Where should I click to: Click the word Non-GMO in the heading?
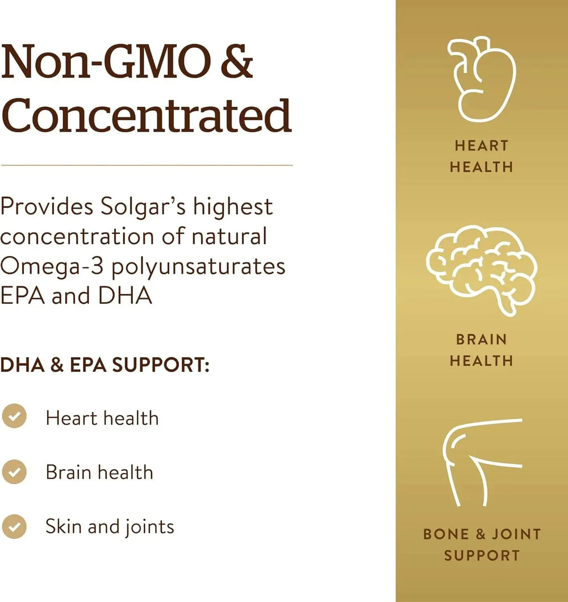(106, 61)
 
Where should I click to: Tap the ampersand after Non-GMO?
(237, 61)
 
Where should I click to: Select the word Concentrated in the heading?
(146, 115)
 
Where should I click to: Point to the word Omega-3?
(52, 267)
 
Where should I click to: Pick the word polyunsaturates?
(198, 267)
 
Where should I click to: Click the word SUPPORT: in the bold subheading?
(161, 365)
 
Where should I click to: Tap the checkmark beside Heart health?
(14, 416)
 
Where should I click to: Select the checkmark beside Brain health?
(14, 471)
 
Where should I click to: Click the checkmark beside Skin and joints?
(14, 526)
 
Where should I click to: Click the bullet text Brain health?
(99, 472)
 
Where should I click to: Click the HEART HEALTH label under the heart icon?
(482, 156)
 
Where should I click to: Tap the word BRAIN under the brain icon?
(482, 340)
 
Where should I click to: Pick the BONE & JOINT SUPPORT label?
(482, 545)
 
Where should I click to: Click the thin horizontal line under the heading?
(147, 165)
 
